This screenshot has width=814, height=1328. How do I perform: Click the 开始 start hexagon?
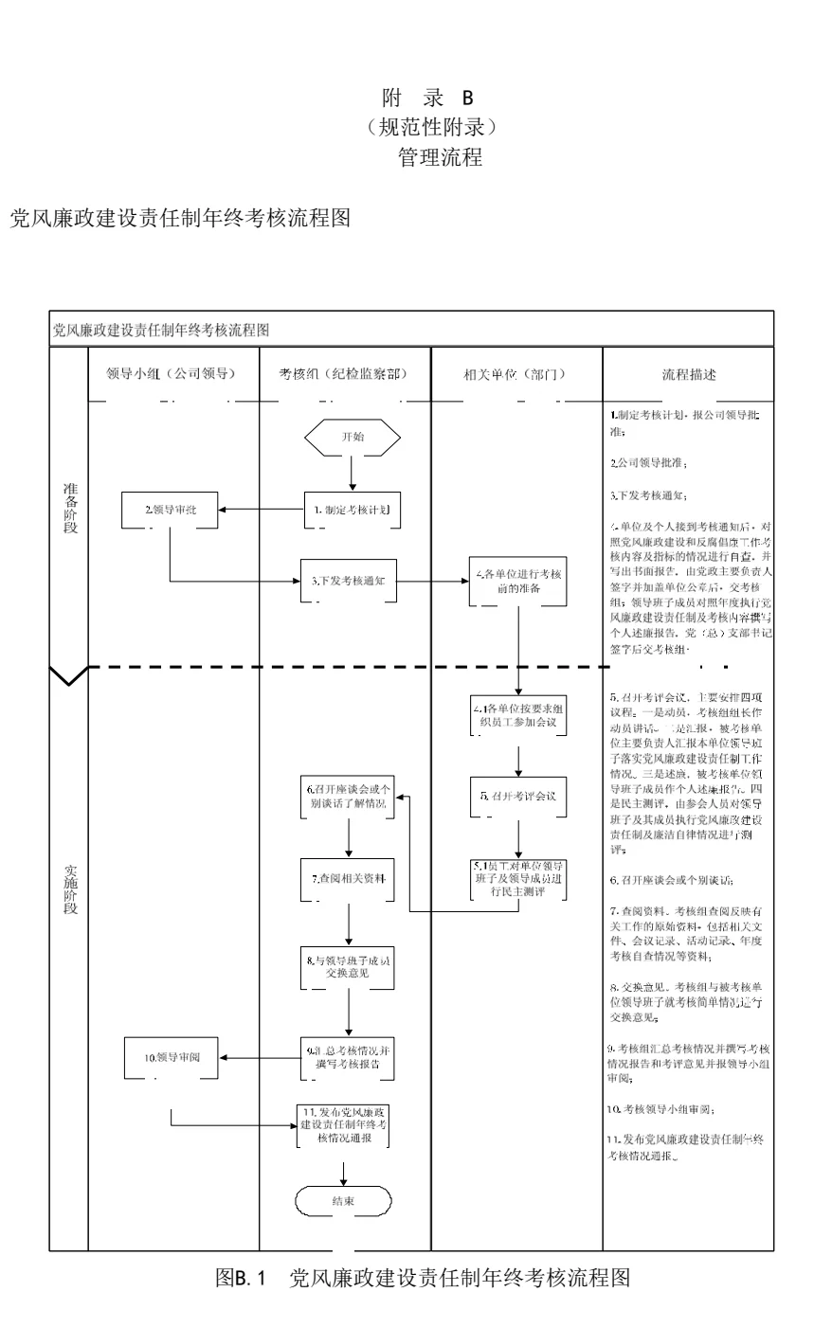pos(352,437)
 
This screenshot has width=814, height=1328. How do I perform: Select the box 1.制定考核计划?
pos(352,510)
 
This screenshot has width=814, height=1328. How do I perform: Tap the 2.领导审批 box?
pos(170,510)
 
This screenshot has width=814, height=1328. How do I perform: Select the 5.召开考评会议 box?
pos(518,797)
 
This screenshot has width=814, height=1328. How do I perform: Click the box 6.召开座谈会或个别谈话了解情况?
pos(351,797)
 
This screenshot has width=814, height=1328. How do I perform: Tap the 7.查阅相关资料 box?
pos(351,879)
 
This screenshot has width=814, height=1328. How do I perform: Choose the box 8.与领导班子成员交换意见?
pos(351,967)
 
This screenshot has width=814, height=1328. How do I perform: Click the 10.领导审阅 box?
pos(171,1059)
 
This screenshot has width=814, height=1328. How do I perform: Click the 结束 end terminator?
pos(343,1201)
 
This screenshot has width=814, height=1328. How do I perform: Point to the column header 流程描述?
pos(689,374)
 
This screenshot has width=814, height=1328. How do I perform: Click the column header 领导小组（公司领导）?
pos(172,374)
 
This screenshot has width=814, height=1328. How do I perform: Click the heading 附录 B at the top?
pos(426,98)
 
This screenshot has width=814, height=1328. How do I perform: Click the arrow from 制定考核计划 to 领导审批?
pos(261,510)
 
